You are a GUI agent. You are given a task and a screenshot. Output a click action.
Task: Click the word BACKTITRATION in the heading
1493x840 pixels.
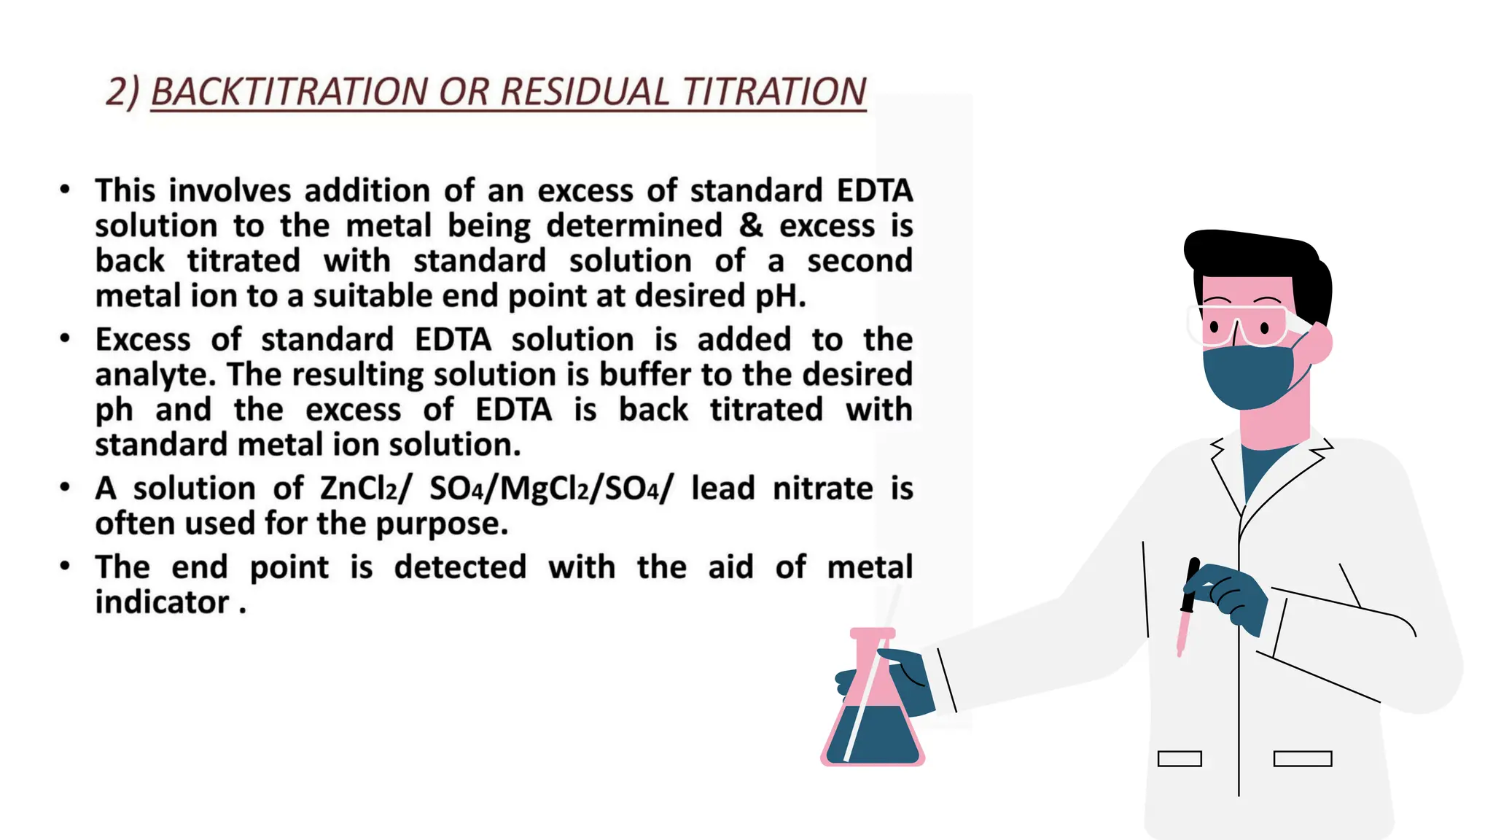(289, 92)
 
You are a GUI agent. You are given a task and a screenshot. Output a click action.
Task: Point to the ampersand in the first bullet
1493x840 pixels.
(751, 225)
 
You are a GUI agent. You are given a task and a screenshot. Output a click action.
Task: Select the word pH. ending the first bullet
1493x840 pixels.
(780, 296)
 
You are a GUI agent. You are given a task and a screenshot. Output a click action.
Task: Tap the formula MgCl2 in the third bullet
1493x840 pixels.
(544, 489)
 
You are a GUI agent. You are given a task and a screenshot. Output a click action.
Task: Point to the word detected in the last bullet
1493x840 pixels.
(460, 567)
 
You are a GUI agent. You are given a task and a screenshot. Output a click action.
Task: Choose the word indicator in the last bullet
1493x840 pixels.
(162, 602)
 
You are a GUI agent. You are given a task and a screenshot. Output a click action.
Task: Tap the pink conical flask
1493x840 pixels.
(872, 700)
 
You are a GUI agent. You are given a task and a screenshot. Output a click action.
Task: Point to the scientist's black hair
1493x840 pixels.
(1261, 255)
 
